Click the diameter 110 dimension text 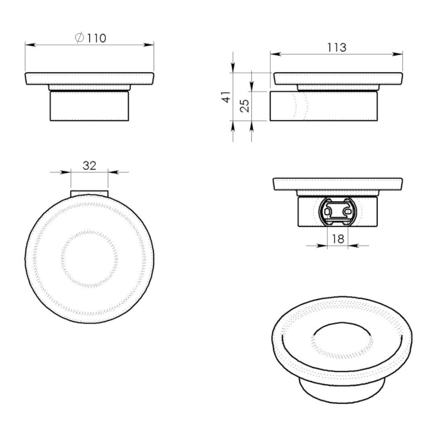pos(91,38)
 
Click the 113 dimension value pos(337,47)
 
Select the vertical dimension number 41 pos(226,97)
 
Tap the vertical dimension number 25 pos(244,105)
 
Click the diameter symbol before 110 pos(79,38)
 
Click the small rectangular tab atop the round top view pos(89,193)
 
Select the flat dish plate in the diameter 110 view pos(89,79)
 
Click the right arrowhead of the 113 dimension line pos(400,53)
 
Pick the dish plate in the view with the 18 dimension pos(337,185)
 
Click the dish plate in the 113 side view pos(338,79)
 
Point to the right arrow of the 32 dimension pos(112,172)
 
